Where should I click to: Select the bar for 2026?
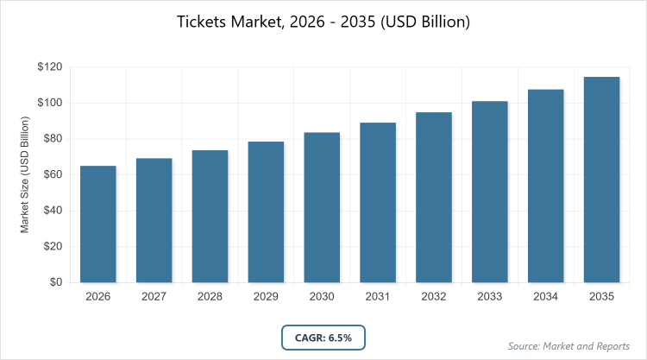(x=97, y=224)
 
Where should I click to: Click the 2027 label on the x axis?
(x=154, y=297)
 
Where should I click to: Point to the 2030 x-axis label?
(x=322, y=297)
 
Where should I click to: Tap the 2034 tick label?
(x=545, y=297)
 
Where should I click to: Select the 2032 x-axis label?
(x=434, y=297)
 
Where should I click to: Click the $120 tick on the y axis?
(x=48, y=67)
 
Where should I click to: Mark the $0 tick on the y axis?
(x=54, y=282)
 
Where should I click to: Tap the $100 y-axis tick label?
(x=48, y=104)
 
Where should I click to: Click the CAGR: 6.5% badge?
(x=323, y=336)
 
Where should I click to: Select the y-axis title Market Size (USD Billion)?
(x=26, y=175)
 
